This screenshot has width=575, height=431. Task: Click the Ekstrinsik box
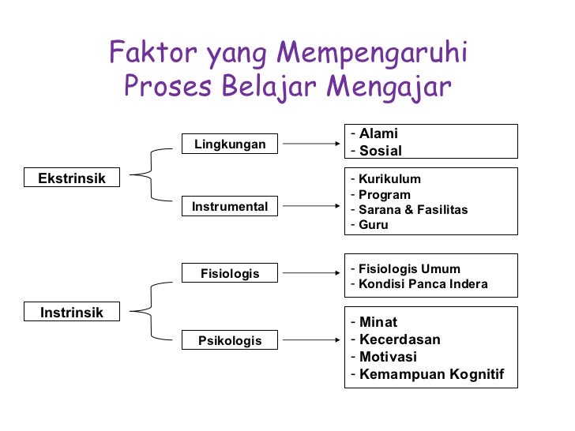click(x=72, y=178)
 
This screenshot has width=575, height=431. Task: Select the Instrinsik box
click(x=72, y=313)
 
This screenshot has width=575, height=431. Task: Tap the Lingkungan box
click(x=230, y=144)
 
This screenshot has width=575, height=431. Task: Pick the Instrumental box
click(x=230, y=207)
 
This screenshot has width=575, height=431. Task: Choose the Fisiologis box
click(x=230, y=274)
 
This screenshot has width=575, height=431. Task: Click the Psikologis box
click(x=230, y=341)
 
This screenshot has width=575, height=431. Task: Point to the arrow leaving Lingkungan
click(x=311, y=144)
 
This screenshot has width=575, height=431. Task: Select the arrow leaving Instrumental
click(x=311, y=207)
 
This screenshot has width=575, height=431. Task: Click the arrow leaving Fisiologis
click(x=311, y=274)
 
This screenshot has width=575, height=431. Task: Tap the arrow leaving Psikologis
click(x=311, y=341)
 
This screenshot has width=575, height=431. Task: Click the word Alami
click(x=378, y=133)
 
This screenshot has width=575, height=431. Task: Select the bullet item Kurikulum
click(x=389, y=179)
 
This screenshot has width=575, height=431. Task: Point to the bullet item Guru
click(x=373, y=225)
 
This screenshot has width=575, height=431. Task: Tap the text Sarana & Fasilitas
click(x=413, y=210)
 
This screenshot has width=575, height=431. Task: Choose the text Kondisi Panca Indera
click(x=423, y=284)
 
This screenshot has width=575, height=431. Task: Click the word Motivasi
click(x=388, y=357)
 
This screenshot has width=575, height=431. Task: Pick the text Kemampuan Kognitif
click(x=431, y=374)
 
